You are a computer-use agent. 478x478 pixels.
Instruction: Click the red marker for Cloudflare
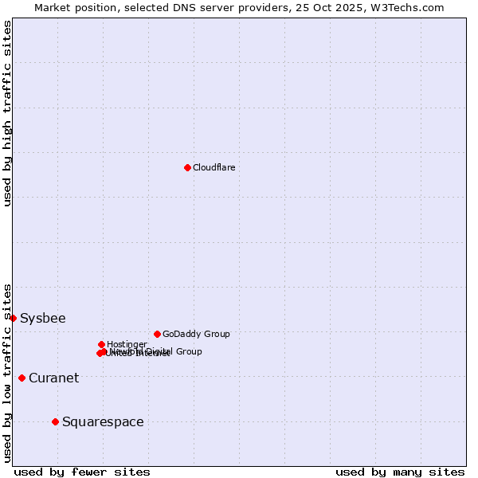click(x=187, y=167)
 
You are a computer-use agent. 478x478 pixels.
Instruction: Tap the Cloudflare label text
click(x=214, y=167)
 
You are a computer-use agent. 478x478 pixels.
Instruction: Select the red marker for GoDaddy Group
click(x=157, y=334)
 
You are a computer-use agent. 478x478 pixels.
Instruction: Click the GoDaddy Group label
click(x=196, y=334)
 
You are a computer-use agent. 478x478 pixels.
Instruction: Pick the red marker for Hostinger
click(x=101, y=344)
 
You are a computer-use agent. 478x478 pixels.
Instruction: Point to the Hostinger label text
click(x=127, y=344)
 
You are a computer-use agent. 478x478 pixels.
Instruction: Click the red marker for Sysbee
click(x=13, y=318)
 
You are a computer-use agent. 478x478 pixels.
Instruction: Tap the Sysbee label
click(x=43, y=319)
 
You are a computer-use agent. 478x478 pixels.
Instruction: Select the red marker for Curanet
click(x=22, y=378)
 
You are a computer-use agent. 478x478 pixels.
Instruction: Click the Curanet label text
click(x=53, y=378)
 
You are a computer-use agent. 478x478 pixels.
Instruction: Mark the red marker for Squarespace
click(x=55, y=421)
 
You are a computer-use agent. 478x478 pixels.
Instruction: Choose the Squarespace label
click(x=103, y=422)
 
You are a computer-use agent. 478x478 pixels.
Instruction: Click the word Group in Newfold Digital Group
click(x=188, y=351)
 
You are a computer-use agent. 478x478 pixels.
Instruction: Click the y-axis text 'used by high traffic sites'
click(x=7, y=113)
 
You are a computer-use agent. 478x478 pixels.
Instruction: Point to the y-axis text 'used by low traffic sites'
click(x=7, y=372)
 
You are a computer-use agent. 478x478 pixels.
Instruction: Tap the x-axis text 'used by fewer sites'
click(x=82, y=472)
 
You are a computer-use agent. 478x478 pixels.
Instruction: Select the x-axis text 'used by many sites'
click(x=400, y=472)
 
